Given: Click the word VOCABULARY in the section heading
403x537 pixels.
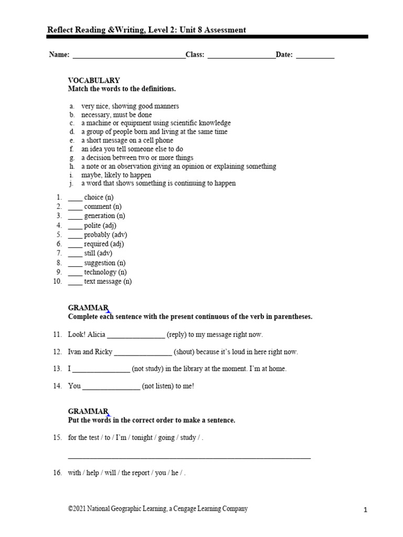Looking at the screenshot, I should (x=94, y=80).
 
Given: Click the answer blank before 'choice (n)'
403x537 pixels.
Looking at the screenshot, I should (x=75, y=198).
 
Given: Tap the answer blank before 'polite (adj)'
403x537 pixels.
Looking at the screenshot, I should (x=75, y=227).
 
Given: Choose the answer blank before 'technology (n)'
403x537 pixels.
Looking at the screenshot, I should (x=75, y=273).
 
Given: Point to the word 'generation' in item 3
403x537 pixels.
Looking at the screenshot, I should (x=99, y=216).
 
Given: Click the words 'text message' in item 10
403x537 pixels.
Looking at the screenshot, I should (x=102, y=282).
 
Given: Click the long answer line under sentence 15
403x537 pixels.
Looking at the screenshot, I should (x=189, y=458).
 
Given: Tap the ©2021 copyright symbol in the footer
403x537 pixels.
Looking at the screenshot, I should (x=71, y=509).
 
